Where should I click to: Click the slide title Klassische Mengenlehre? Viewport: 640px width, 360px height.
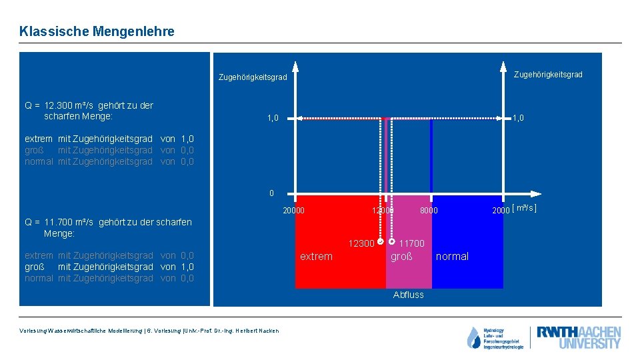97,31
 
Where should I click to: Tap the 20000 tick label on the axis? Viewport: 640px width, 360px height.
293,211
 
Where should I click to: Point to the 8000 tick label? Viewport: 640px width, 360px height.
428,211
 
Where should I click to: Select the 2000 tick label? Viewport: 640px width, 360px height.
500,211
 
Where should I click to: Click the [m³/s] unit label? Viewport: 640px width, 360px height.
524,209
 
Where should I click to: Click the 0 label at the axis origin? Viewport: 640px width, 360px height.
271,193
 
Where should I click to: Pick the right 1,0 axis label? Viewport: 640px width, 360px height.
518,117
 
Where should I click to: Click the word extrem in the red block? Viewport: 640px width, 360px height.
316,257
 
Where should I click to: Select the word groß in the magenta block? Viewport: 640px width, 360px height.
401,257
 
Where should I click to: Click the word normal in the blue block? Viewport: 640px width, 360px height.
452,257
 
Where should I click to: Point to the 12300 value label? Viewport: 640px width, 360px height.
361,243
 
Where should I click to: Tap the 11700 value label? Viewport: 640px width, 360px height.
411,243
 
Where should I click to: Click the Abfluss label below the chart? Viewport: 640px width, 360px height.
408,295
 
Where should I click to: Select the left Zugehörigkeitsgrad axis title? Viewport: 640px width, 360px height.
253,77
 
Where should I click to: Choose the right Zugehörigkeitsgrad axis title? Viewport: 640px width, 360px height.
547,74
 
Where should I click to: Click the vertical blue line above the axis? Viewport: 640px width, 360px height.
431,157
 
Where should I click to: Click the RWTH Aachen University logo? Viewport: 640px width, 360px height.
579,337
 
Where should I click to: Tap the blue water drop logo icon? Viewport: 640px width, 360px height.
473,338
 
